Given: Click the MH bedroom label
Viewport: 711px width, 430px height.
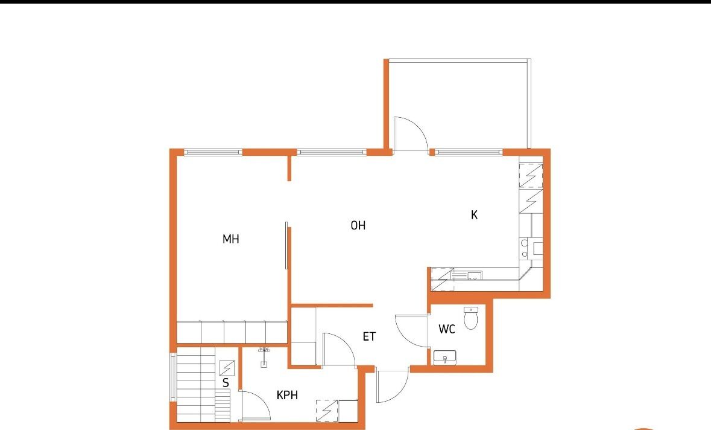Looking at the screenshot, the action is (x=231, y=239).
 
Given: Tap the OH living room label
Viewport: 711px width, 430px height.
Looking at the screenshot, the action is (x=358, y=225).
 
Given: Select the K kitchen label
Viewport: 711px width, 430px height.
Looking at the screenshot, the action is (x=475, y=215).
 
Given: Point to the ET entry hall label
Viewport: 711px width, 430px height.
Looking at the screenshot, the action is (x=369, y=336).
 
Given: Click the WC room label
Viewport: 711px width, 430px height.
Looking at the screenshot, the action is (x=447, y=329).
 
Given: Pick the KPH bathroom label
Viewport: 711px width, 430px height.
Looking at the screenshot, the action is (x=288, y=395).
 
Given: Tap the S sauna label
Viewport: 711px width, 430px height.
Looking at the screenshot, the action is (x=226, y=383).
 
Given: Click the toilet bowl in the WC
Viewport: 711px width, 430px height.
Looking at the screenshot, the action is (x=470, y=318).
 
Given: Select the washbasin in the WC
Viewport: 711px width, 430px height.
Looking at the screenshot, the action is (x=445, y=358).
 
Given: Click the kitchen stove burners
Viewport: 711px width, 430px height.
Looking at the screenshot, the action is (x=525, y=248).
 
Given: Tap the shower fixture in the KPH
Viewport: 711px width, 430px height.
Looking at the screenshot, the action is (x=264, y=357).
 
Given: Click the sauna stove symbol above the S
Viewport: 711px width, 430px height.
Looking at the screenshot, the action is (x=227, y=368).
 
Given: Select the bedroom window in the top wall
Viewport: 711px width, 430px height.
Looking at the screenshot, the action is (x=213, y=152).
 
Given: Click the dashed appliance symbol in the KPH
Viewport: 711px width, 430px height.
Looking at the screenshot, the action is (x=327, y=411).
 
